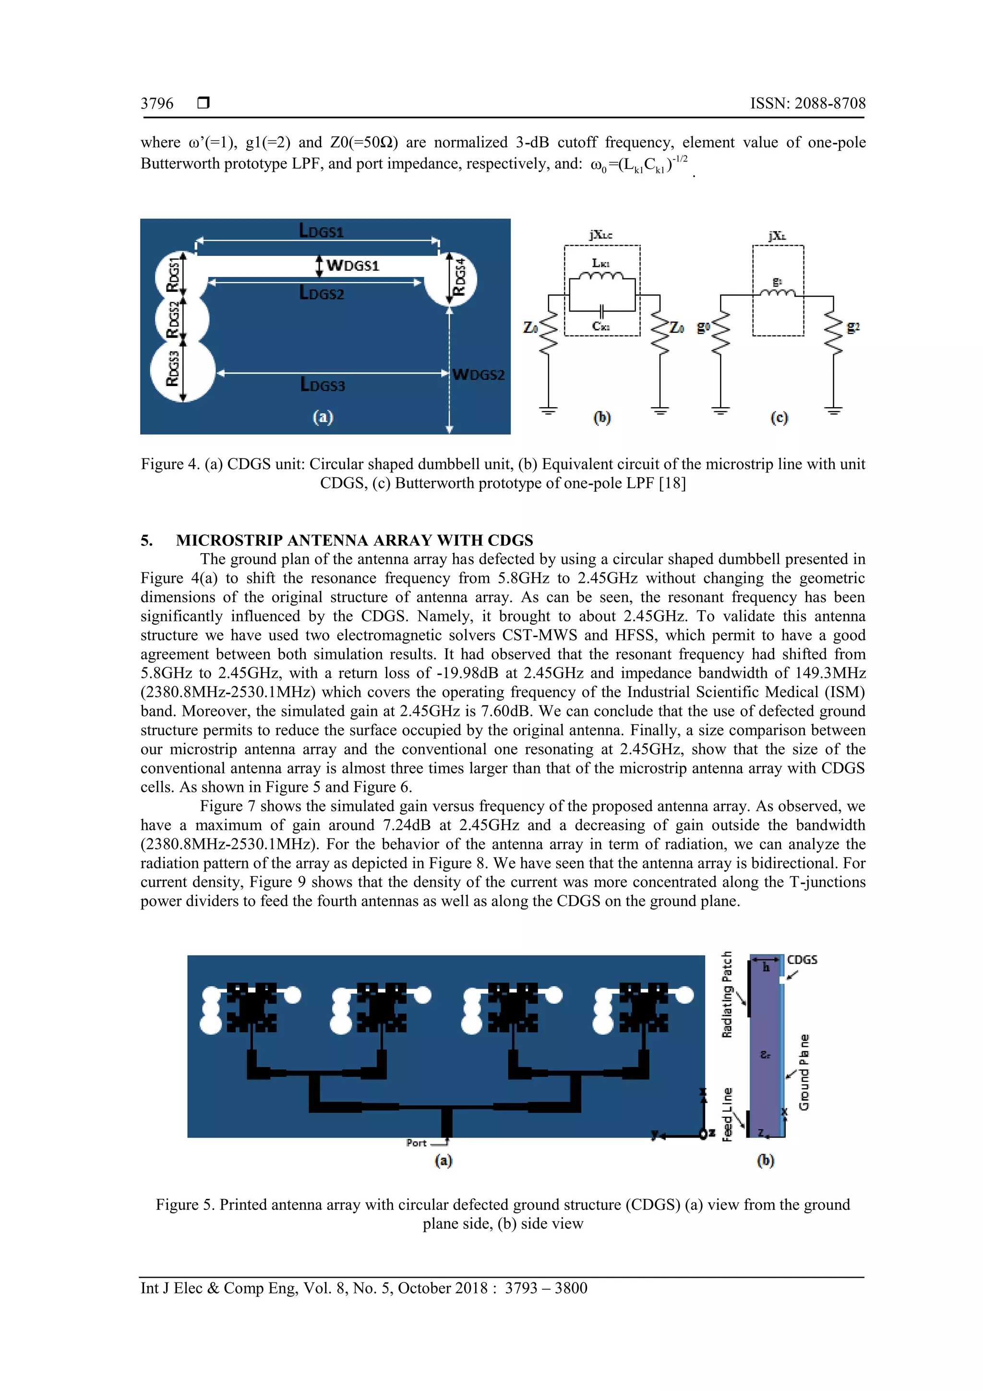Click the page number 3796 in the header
pyautogui.click(x=156, y=104)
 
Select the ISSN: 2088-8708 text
pyautogui.click(x=807, y=104)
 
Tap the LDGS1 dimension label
pyautogui.click(x=321, y=231)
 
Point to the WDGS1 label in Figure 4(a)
pyautogui.click(x=352, y=266)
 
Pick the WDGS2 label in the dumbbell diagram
pyautogui.click(x=478, y=375)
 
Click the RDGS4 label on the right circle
pyautogui.click(x=460, y=277)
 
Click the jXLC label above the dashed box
pyautogui.click(x=600, y=235)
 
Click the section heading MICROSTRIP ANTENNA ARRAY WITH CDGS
pyautogui.click(x=354, y=540)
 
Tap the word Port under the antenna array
pyautogui.click(x=417, y=1143)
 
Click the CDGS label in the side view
pyautogui.click(x=802, y=960)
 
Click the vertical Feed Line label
pyautogui.click(x=727, y=1114)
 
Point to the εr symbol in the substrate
pyautogui.click(x=766, y=1055)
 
